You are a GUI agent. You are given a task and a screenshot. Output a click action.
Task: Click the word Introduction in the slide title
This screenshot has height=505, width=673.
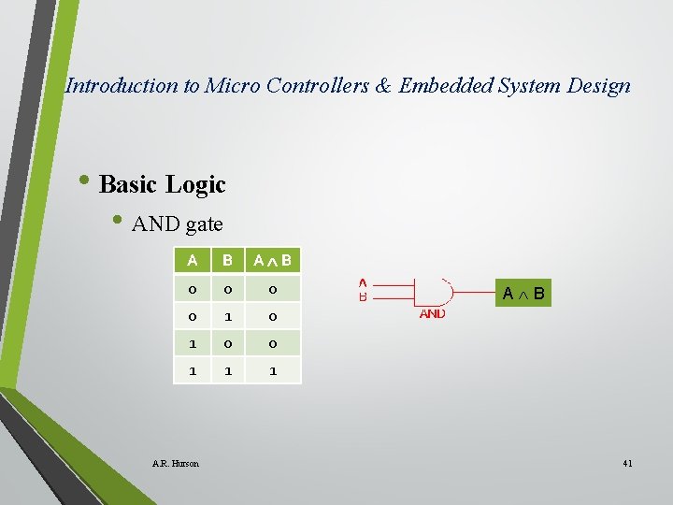[122, 86]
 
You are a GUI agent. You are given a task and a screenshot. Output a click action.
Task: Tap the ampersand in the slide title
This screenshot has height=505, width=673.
[384, 86]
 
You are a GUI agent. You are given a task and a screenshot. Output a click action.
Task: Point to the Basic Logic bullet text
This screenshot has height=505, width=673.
[162, 184]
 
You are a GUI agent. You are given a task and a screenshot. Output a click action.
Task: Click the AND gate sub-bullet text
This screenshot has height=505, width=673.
[178, 224]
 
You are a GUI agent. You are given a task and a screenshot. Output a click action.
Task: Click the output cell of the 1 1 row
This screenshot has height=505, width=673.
[272, 370]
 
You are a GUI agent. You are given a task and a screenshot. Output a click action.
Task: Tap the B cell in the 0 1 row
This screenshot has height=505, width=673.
[227, 316]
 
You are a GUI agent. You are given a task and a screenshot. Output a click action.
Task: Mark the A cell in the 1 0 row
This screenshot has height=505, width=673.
[192, 343]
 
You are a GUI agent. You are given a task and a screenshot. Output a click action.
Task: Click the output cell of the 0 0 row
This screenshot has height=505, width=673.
[272, 288]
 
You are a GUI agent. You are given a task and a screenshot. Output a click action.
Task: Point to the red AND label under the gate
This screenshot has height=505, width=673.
[432, 314]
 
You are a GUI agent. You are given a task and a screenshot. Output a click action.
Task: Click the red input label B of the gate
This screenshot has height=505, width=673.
[363, 297]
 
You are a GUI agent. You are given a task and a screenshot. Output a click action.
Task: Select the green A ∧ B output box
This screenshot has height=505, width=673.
[523, 295]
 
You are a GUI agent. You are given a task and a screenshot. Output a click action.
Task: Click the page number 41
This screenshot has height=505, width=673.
[626, 463]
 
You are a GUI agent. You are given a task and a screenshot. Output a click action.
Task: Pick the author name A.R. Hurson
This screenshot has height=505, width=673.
[176, 463]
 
